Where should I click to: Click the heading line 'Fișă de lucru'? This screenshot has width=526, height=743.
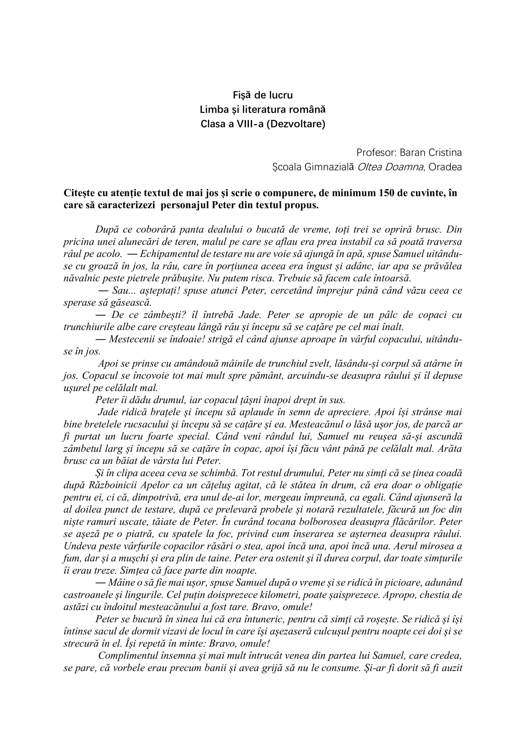(x=263, y=95)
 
